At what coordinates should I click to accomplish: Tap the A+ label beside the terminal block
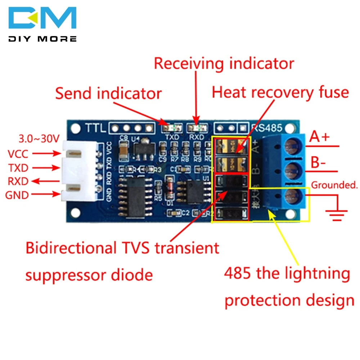pyautogui.click(x=320, y=138)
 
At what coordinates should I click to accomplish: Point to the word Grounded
pyautogui.click(x=334, y=185)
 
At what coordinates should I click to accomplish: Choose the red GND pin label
pyautogui.click(x=17, y=195)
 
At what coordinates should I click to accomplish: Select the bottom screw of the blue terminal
pyautogui.click(x=294, y=196)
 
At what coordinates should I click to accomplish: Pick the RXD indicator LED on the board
pyautogui.click(x=197, y=127)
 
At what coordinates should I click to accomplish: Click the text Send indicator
pyautogui.click(x=108, y=94)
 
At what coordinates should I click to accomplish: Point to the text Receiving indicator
pyautogui.click(x=224, y=64)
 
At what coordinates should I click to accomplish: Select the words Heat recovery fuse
pyautogui.click(x=280, y=93)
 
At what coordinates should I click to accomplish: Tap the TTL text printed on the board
pyautogui.click(x=95, y=128)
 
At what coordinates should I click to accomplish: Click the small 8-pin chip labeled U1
pyautogui.click(x=195, y=190)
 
